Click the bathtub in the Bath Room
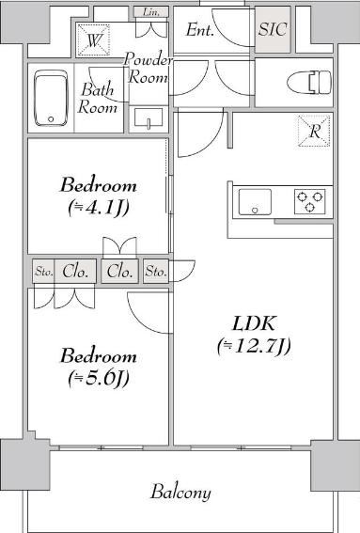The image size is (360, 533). [51, 99]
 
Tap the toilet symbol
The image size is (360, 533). [308, 83]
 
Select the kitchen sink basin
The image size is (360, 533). [255, 202]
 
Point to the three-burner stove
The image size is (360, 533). [309, 201]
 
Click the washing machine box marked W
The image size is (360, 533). [93, 40]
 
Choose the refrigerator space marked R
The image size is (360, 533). [314, 131]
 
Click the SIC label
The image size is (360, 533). [273, 29]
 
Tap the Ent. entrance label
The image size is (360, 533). [200, 30]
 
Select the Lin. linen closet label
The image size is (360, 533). [151, 12]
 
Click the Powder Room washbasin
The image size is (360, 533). [149, 118]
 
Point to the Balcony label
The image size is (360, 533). [180, 493]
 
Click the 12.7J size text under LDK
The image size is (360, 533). [254, 346]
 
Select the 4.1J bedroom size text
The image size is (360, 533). [99, 208]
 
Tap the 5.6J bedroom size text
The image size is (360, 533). [99, 378]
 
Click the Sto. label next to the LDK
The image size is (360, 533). [156, 272]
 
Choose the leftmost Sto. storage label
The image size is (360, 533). [44, 272]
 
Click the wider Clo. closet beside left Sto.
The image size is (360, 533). [75, 272]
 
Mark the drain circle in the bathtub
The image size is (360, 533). [51, 119]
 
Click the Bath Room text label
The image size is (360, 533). [97, 99]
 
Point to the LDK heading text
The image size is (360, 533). [254, 323]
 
